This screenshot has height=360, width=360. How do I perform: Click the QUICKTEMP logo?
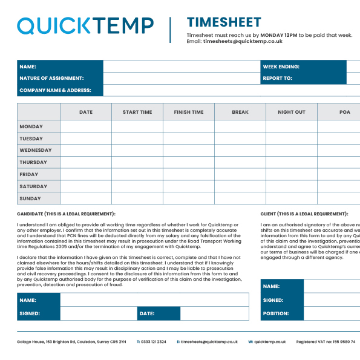[x=85, y=25]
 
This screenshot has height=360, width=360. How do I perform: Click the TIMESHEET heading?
[x=224, y=23]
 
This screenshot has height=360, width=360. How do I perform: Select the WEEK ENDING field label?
[x=281, y=67]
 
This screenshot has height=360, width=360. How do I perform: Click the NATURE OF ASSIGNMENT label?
[x=51, y=78]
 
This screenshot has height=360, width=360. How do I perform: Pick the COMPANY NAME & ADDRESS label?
[x=55, y=90]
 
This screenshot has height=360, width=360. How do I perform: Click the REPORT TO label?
[x=277, y=78]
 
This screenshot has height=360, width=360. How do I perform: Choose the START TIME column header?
[x=137, y=112]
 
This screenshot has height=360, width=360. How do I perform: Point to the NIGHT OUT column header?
[x=292, y=112]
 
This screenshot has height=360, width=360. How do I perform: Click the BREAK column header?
[x=240, y=112]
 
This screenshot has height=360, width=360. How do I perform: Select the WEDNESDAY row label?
[x=36, y=150]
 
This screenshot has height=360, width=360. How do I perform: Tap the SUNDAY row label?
[x=30, y=198]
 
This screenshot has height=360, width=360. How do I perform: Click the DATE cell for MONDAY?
[x=86, y=126]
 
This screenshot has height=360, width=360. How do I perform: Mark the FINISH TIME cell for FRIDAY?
[x=189, y=174]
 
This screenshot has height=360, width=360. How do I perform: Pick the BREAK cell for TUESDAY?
[x=240, y=139]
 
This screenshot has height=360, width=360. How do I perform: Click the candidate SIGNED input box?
[x=99, y=313]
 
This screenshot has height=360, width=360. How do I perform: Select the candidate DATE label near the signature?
[x=147, y=313]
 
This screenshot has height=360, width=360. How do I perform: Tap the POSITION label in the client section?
[x=275, y=313]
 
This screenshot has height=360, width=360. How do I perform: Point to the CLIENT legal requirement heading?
[x=304, y=214]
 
